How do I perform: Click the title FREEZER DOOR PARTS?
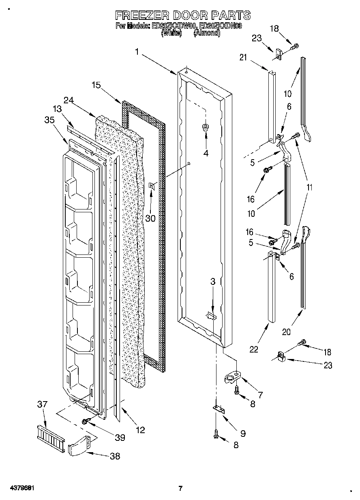coord(183,15)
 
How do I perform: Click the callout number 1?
coord(137,52)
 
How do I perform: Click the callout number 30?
coord(150,218)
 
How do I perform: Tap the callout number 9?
coord(243,433)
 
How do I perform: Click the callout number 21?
coord(243,58)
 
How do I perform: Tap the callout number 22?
coord(254,349)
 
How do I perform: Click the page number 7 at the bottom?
coord(180,488)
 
